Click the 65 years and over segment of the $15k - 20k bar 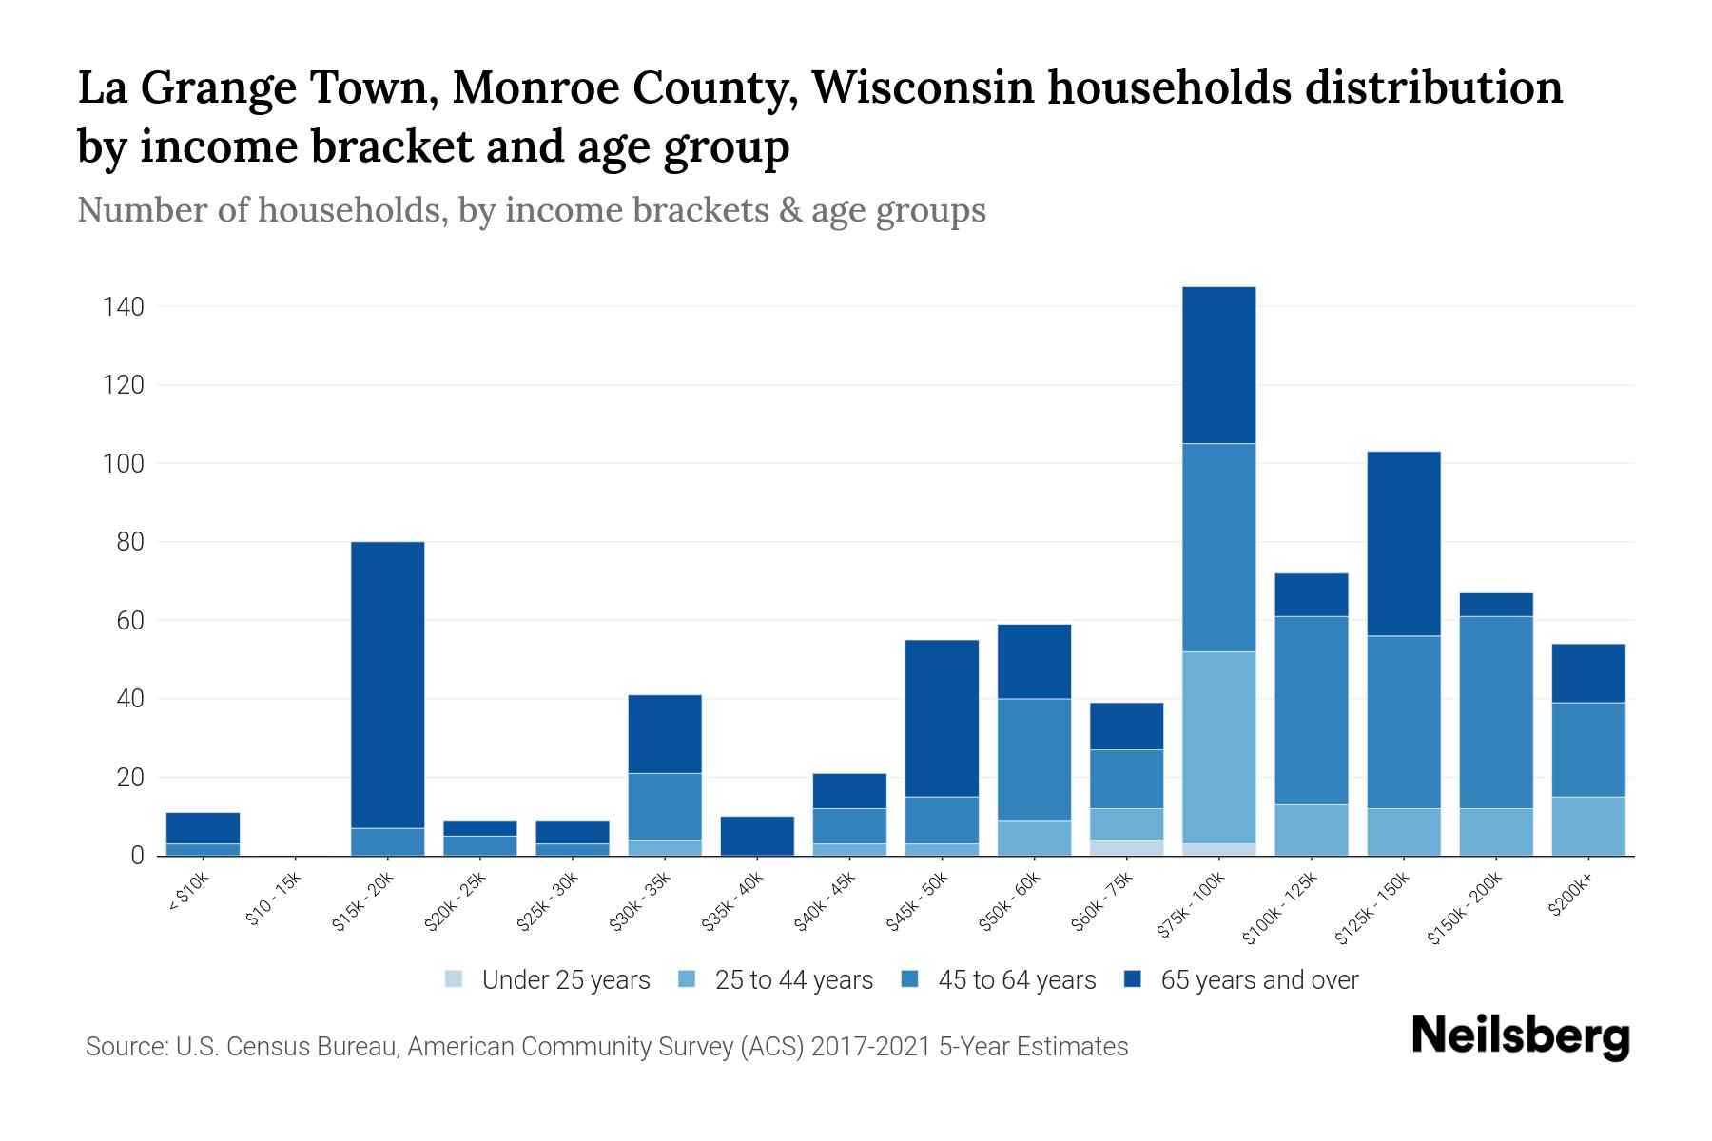pos(387,685)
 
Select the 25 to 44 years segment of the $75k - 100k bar pos(1218,747)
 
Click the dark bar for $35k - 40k pos(757,836)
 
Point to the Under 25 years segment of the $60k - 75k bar pos(1126,847)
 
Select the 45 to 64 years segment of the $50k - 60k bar pos(1034,760)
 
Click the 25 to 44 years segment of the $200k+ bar pos(1588,826)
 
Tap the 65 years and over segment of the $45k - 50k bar pos(942,719)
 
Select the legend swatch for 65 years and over pos(1132,979)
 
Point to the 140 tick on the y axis pos(125,307)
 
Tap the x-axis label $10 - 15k pos(273,902)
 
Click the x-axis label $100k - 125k pos(1280,910)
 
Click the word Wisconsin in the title pos(923,87)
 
